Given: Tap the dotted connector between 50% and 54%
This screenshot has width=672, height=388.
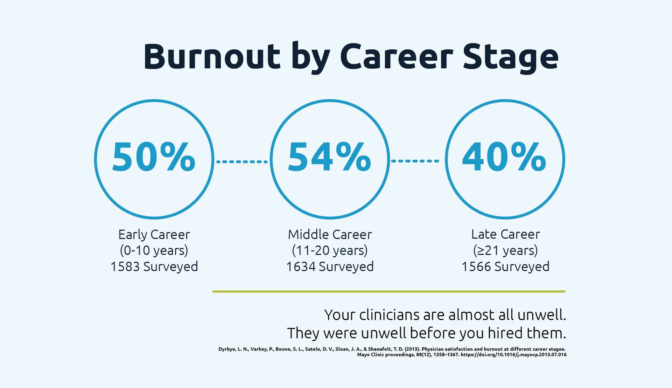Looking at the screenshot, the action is click(242, 161).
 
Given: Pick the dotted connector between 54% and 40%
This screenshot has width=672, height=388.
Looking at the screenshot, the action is click(415, 161).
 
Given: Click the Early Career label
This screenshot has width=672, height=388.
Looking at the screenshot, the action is click(154, 235).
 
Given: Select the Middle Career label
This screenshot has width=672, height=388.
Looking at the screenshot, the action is click(330, 234).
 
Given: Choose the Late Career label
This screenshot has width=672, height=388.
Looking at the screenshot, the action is click(505, 234).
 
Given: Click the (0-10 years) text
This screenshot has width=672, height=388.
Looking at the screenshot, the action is click(154, 251).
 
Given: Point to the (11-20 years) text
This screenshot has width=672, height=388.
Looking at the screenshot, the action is click(330, 251).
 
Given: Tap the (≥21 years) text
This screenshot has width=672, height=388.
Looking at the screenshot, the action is click(505, 251).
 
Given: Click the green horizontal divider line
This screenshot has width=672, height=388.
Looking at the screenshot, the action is click(389, 291).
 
